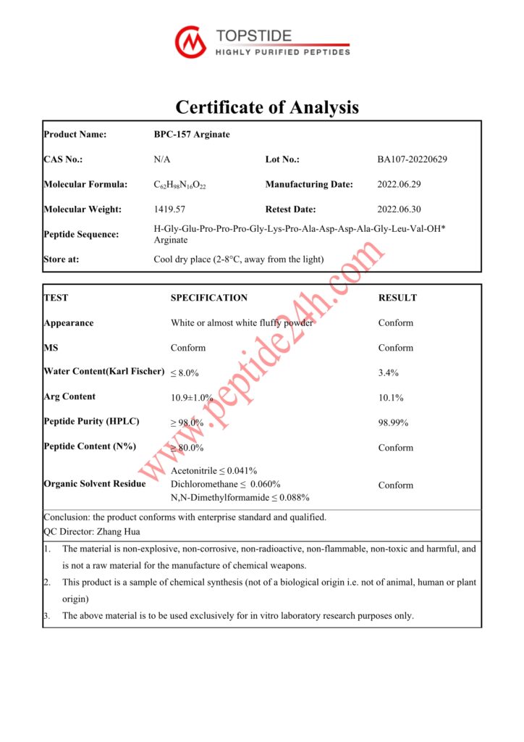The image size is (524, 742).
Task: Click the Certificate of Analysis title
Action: (267, 107)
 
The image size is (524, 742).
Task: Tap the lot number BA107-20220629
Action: (412, 159)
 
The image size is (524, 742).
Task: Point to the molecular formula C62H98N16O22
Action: (180, 185)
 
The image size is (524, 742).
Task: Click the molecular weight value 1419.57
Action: (168, 209)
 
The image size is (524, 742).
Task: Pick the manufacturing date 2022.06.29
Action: (401, 184)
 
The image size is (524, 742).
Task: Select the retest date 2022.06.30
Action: (401, 209)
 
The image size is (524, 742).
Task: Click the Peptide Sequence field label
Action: (81, 234)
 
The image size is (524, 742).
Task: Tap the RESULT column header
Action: (397, 298)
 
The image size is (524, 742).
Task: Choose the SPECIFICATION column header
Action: (208, 298)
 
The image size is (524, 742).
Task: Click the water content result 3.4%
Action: (389, 372)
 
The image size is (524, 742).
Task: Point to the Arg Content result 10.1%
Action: (391, 398)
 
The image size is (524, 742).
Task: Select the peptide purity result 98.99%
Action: (393, 422)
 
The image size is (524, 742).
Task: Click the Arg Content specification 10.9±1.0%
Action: (192, 398)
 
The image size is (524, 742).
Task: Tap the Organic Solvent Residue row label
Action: (94, 483)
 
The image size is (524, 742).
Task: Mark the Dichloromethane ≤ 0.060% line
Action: (225, 484)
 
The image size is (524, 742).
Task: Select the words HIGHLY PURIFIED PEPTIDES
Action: (283, 51)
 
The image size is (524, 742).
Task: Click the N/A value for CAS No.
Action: (162, 159)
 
